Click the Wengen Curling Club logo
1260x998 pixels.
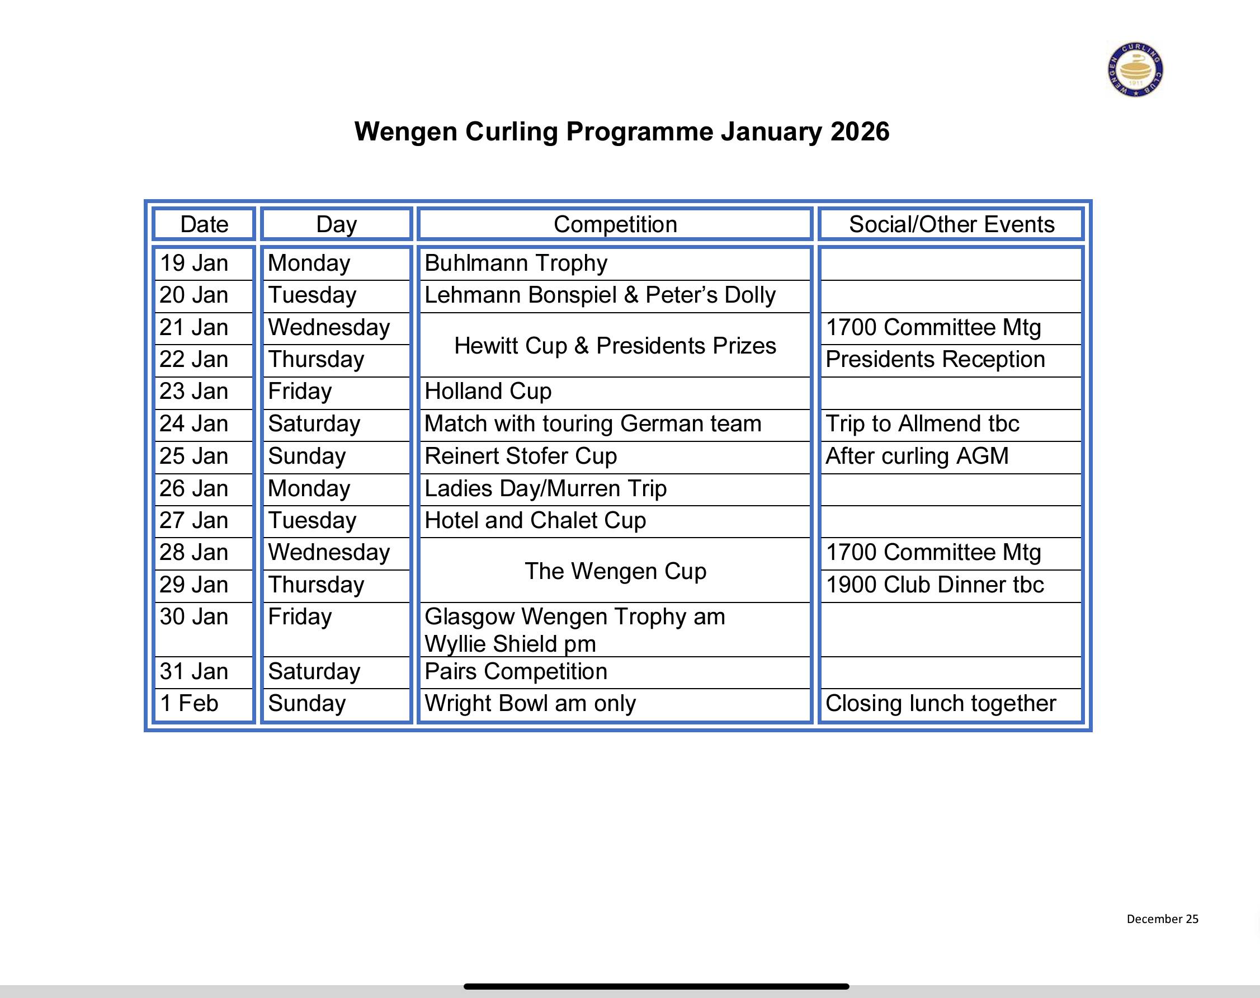coord(1135,69)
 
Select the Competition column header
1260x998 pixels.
coord(615,224)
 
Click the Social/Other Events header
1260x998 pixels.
coord(951,224)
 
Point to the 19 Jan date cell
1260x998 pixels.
coord(194,263)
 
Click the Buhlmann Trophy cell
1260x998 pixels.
coord(516,263)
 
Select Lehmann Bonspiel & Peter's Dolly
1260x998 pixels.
coord(600,295)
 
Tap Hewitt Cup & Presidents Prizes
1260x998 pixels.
coord(615,346)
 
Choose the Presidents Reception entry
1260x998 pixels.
coord(935,359)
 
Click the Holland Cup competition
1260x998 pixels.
coord(488,392)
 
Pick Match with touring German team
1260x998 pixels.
coord(592,423)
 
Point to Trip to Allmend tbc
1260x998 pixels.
coord(922,423)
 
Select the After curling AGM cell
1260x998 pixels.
coord(917,456)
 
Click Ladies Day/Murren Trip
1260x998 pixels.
coord(545,488)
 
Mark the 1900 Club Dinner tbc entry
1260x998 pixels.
coord(934,585)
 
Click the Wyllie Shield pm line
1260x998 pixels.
coord(510,644)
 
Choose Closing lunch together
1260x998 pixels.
coord(940,704)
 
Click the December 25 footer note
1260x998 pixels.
coord(1162,919)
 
